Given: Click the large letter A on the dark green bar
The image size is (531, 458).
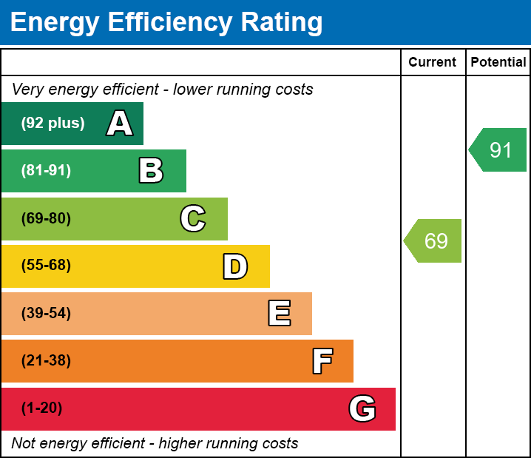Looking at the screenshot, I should [120, 124].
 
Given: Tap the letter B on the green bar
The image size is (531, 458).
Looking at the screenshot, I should [151, 171].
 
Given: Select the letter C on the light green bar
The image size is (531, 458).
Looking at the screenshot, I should [192, 219].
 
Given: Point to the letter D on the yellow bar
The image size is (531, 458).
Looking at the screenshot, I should [235, 266].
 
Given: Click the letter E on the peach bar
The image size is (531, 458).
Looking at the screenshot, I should [279, 314].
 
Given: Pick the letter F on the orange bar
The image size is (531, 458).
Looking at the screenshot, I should [322, 362].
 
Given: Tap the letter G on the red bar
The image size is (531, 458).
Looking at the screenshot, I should [362, 408].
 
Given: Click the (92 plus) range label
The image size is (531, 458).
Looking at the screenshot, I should [53, 124].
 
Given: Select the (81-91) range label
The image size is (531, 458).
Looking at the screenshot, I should [46, 171].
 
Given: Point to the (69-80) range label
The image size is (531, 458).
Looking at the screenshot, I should [46, 219].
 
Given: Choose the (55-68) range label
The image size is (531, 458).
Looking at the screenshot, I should [46, 266].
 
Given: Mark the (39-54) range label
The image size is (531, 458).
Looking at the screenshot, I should [46, 314].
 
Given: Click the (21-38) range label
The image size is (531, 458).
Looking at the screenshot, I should [46, 361].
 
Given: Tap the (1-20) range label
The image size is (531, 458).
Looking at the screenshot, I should [42, 408].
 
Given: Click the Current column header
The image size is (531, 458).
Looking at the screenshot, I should [433, 63].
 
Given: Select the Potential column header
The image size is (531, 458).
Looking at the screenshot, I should [498, 63].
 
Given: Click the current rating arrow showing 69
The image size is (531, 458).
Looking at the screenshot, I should [434, 240].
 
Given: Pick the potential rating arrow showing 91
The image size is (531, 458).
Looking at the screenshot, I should [499, 150].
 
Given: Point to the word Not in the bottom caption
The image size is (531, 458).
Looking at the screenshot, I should [24, 444].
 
